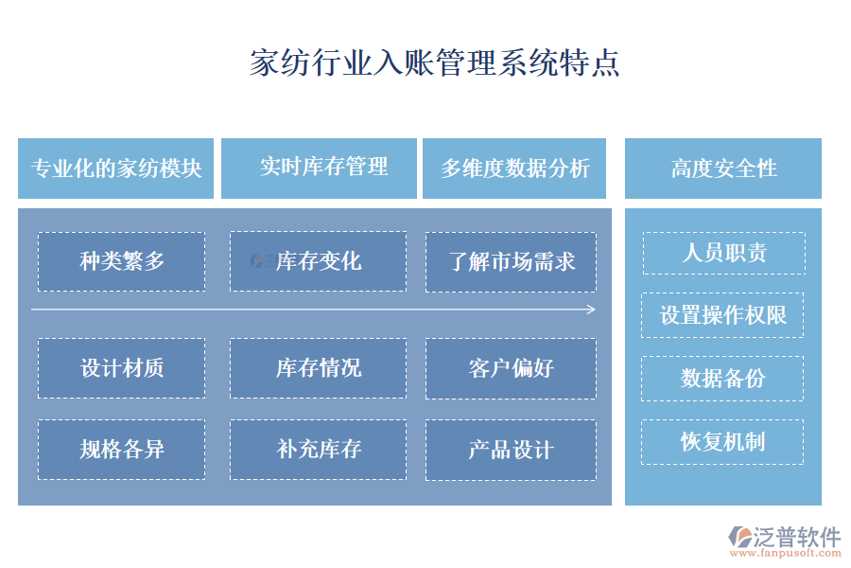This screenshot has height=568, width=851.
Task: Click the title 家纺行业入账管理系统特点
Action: pyautogui.click(x=434, y=62)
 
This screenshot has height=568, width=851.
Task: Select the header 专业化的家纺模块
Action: pyautogui.click(x=115, y=169)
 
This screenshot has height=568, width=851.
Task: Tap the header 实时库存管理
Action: pyautogui.click(x=320, y=169)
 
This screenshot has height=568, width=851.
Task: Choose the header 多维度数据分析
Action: pyautogui.click(x=514, y=169)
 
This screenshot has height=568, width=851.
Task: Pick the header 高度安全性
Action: pyautogui.click(x=723, y=169)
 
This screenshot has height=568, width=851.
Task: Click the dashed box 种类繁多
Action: pyautogui.click(x=122, y=261)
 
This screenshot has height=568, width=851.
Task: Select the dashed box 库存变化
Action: pyautogui.click(x=318, y=261)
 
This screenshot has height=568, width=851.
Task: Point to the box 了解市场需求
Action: pyautogui.click(x=511, y=262)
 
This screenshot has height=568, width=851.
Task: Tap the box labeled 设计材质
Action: pyautogui.click(x=122, y=368)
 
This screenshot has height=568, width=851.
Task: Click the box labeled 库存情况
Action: pyautogui.click(x=318, y=368)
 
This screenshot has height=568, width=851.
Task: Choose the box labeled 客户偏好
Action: pyautogui.click(x=511, y=368)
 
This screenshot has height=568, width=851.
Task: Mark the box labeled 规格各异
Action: pyautogui.click(x=122, y=450)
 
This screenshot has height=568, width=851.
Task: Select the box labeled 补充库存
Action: pyautogui.click(x=318, y=450)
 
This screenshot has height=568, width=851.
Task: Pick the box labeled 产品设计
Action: pyautogui.click(x=511, y=450)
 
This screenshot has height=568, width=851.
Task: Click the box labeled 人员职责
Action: pyautogui.click(x=724, y=253)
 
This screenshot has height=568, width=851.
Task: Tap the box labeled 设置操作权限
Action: pyautogui.click(x=722, y=315)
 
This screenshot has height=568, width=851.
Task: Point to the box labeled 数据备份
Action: pyautogui.click(x=722, y=379)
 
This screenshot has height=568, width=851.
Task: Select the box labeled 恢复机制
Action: pyautogui.click(x=722, y=442)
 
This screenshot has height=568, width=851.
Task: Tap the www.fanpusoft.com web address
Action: pyautogui.click(x=786, y=553)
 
